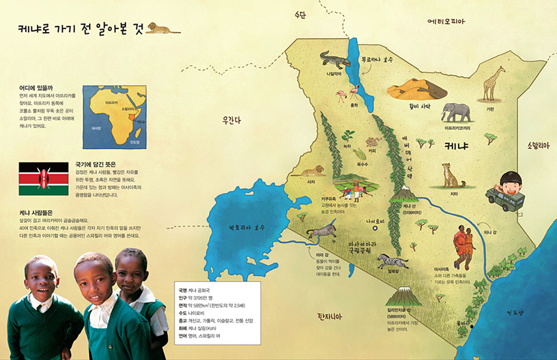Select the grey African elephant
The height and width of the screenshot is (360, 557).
pyautogui.click(x=456, y=112)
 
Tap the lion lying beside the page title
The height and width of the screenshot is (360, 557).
pyautogui.click(x=161, y=29)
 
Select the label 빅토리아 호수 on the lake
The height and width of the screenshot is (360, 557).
pyautogui.click(x=250, y=226)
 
